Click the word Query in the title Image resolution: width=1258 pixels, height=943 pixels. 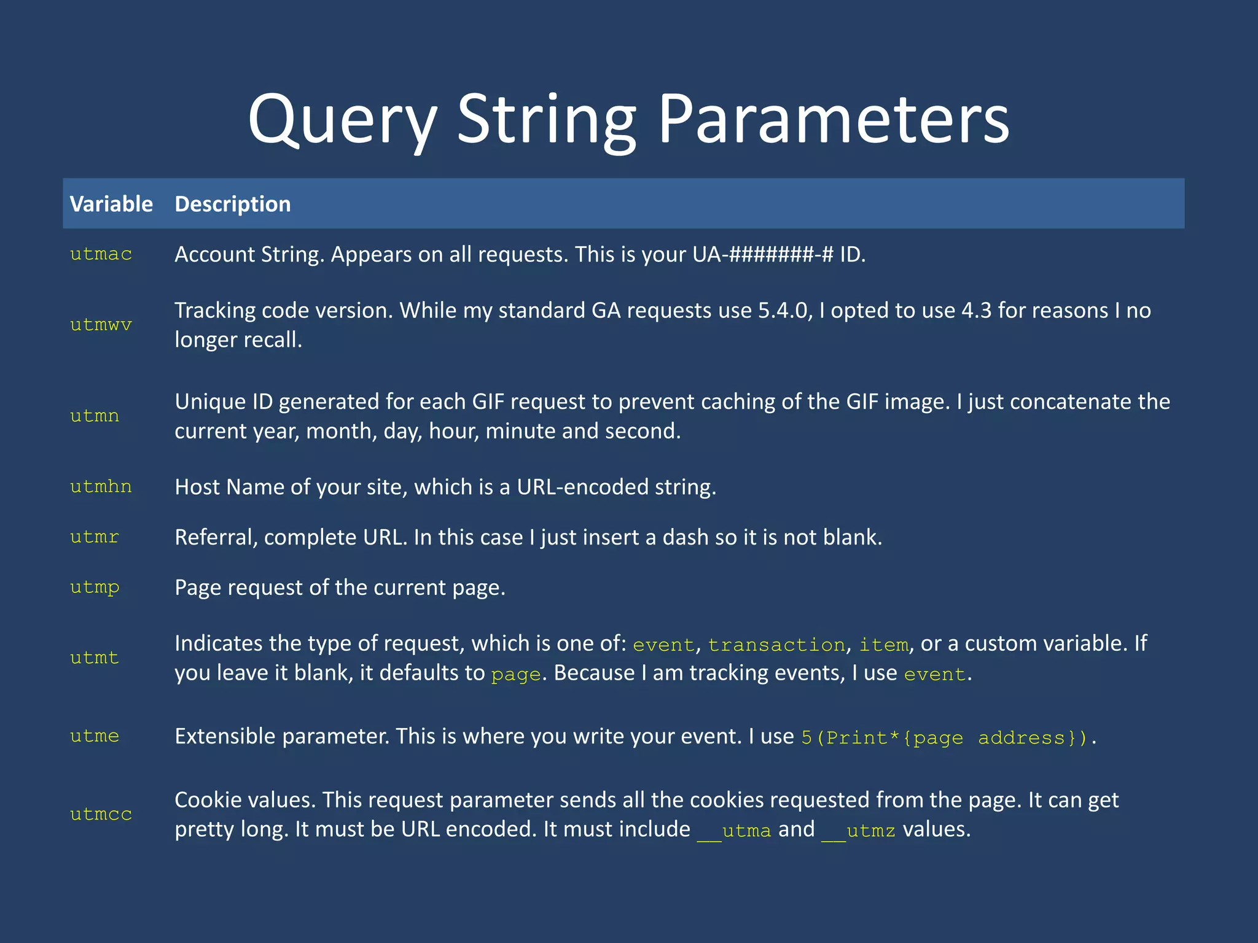pyautogui.click(x=342, y=120)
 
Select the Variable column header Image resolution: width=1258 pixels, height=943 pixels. pyautogui.click(x=111, y=204)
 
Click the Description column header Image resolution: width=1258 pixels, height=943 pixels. pyautogui.click(x=232, y=204)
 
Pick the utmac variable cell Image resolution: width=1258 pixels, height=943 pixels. pyautogui.click(x=101, y=254)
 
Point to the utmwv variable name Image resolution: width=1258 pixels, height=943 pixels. pyautogui.click(x=101, y=325)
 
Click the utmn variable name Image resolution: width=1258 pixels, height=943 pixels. pyautogui.click(x=95, y=416)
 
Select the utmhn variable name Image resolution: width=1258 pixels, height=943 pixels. pyautogui.click(x=101, y=487)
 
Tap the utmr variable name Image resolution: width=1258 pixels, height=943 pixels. pyautogui.click(x=95, y=537)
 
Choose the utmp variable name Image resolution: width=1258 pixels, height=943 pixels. pyautogui.click(x=95, y=588)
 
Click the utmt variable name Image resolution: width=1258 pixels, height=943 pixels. pyautogui.click(x=95, y=658)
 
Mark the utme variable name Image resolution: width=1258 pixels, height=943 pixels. pyautogui.click(x=95, y=736)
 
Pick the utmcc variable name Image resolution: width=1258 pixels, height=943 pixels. pyautogui.click(x=101, y=815)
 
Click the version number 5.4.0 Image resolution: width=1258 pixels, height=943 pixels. pyautogui.click(x=784, y=311)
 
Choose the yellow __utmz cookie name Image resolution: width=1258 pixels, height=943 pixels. pyautogui.click(x=858, y=831)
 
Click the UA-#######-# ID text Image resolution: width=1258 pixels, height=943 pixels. pyautogui.click(x=763, y=254)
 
